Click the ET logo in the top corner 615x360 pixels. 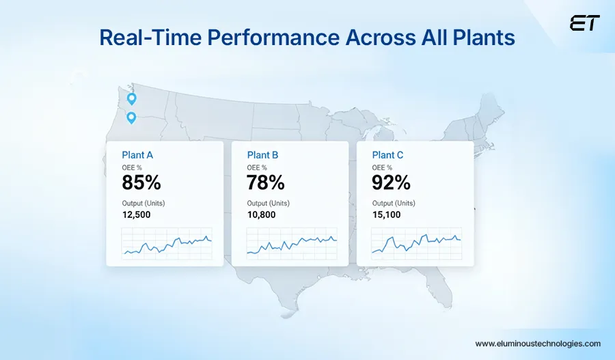[584, 23]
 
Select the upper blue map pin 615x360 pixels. [132, 98]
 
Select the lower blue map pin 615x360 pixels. [132, 117]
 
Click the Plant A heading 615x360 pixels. [137, 155]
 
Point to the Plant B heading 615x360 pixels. [262, 155]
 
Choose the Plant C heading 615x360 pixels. [387, 155]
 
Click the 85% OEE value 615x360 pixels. [141, 182]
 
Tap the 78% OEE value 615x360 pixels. [266, 182]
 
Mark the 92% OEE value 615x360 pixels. [392, 182]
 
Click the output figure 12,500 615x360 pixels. [136, 214]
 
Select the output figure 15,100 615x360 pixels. [386, 214]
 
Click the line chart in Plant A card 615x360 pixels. [167, 244]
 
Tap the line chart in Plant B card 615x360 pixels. [292, 244]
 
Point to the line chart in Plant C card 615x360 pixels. [417, 244]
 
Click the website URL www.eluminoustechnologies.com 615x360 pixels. [538, 344]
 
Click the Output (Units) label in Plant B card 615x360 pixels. [269, 203]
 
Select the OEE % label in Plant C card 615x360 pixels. [382, 167]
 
